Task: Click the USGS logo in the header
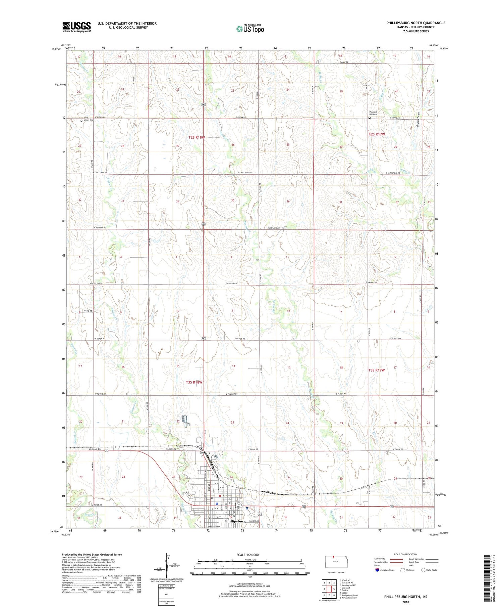[76, 27]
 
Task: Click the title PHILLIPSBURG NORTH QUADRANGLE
[416, 23]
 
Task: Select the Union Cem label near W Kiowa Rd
[89, 120]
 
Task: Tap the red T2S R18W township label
[197, 137]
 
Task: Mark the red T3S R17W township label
[376, 370]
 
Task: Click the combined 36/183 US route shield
[239, 505]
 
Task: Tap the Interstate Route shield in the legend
[377, 570]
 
